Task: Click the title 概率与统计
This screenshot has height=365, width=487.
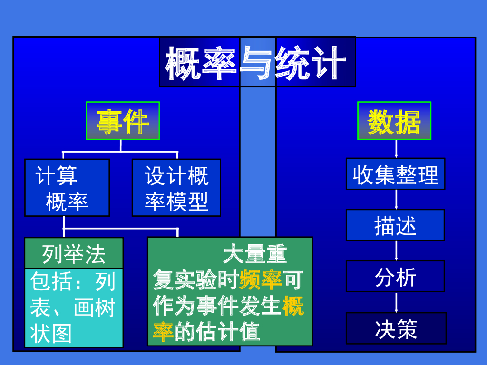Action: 257,62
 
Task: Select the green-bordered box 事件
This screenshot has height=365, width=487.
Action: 123,121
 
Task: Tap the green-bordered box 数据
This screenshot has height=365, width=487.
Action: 394,121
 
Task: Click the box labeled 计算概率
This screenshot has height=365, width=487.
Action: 67,188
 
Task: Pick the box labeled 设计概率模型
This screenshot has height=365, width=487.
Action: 176,188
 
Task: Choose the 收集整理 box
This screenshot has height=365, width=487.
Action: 395,174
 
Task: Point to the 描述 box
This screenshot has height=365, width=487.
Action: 395,225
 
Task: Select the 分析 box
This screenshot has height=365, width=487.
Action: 395,276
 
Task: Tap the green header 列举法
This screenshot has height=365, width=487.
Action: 74,253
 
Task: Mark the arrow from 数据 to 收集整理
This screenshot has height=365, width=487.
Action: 396,149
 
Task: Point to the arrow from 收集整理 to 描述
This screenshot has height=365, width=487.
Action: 396,200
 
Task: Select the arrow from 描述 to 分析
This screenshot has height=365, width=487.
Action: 396,250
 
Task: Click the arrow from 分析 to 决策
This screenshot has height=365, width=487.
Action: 396,302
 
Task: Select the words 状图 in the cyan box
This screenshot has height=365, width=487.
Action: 51,333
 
